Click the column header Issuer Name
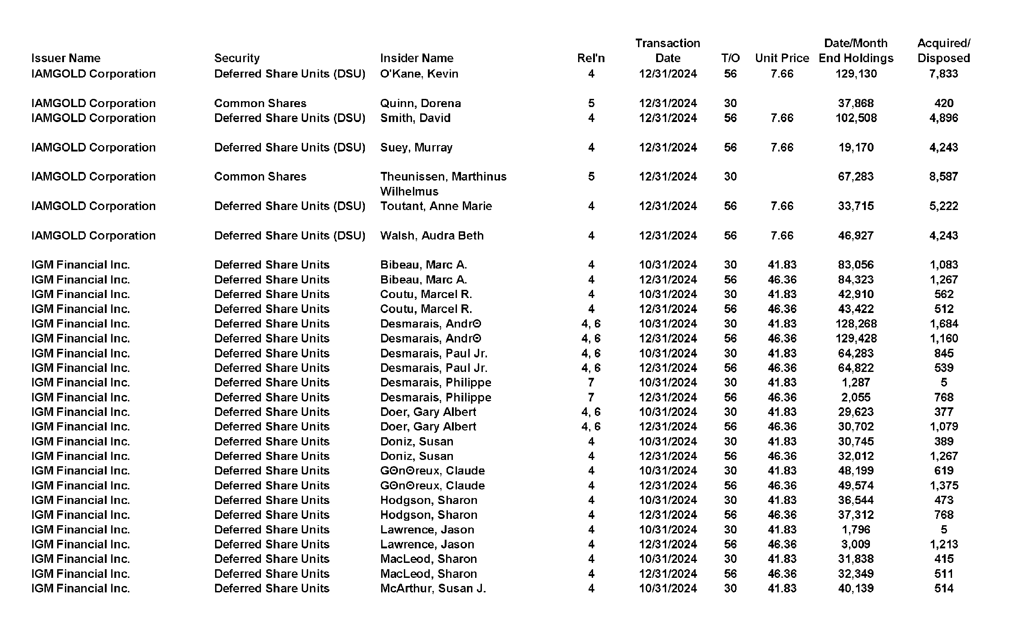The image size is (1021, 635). pos(66,58)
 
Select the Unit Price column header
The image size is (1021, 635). pos(782,58)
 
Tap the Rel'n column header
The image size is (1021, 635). pos(591,58)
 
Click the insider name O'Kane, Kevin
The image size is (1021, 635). pos(419,73)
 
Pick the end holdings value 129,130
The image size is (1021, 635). pos(856,73)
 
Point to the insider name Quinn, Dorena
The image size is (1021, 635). pos(420,103)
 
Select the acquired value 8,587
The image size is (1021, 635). pos(943,176)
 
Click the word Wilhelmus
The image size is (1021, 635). pos(409,191)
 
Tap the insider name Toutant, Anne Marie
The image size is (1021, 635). pos(436,206)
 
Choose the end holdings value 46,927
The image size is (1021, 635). pos(856,235)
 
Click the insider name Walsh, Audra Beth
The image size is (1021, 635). pos(432,235)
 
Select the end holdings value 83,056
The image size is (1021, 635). pos(856,264)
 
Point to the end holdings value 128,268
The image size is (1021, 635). pos(856,323)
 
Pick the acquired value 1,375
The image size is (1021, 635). pos(943,485)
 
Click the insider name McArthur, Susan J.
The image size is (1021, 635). pos(432,588)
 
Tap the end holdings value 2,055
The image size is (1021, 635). pos(856,397)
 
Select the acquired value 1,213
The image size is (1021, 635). pos(943,544)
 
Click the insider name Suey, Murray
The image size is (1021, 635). pos(416,147)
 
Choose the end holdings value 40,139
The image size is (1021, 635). pos(856,588)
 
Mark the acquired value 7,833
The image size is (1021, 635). pos(943,73)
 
